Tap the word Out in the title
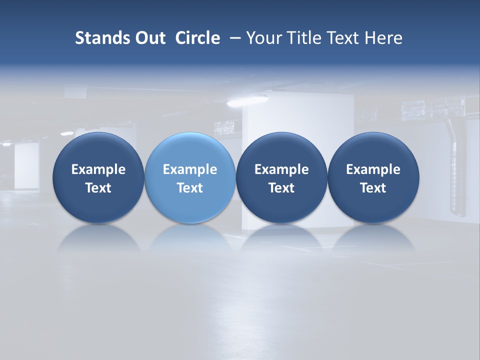click(x=150, y=38)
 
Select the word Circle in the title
click(x=197, y=38)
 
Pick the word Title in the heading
click(x=304, y=38)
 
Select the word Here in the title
click(x=383, y=38)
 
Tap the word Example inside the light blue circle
click(x=190, y=169)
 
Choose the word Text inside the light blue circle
click(x=190, y=188)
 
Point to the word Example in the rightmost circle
click(x=373, y=169)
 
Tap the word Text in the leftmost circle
click(x=98, y=188)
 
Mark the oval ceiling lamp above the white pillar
click(x=240, y=102)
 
